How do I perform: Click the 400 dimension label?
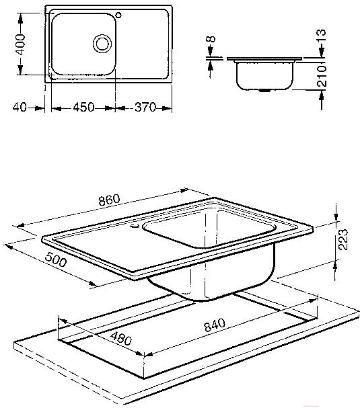21,44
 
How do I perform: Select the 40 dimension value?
20,107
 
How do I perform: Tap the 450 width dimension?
83,107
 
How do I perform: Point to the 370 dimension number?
145,107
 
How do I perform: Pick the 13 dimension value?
322,36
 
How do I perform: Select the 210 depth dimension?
322,76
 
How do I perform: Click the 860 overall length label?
110,200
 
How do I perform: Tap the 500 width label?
56,260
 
